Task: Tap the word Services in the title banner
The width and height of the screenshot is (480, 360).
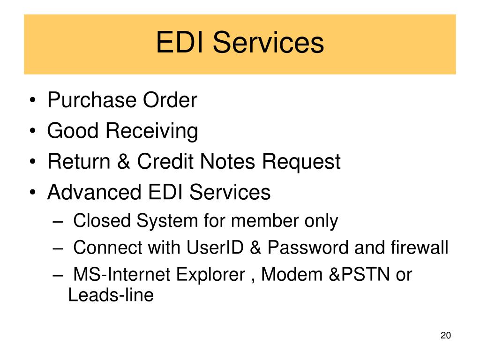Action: coord(268,43)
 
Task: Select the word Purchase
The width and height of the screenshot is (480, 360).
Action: coord(88,100)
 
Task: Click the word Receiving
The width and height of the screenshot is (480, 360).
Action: coord(151,131)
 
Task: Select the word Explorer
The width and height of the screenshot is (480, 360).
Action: coord(209,274)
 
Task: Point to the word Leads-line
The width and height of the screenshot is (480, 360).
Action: coord(111,296)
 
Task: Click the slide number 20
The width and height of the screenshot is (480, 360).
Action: coord(445,336)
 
